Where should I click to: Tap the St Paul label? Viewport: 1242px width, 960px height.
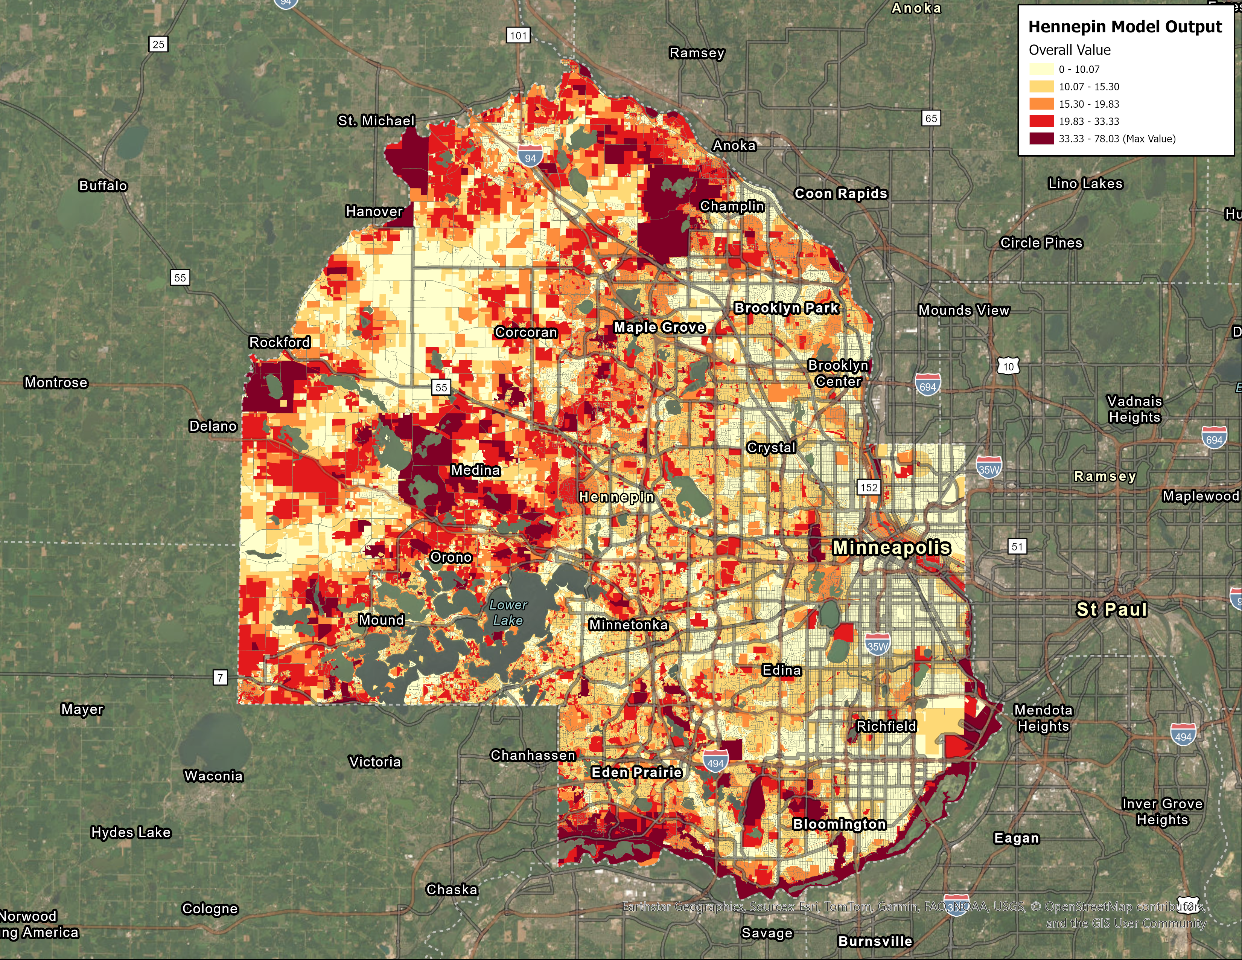(1111, 609)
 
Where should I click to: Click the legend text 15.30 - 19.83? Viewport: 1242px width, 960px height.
(1088, 104)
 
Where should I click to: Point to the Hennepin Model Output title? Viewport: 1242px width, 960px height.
(1124, 27)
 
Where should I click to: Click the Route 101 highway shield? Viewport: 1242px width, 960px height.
(518, 35)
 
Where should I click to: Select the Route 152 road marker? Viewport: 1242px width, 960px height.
(868, 488)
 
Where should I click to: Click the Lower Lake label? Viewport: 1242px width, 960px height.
(508, 613)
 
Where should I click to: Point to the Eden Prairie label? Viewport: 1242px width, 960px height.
(636, 772)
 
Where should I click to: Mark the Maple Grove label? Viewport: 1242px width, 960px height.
(660, 327)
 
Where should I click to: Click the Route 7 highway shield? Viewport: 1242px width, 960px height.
(220, 677)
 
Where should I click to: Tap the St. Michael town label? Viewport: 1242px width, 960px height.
(376, 120)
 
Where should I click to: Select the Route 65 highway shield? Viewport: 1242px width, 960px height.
(931, 118)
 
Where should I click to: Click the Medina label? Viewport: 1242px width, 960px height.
(475, 470)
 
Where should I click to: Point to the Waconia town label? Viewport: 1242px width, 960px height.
(213, 776)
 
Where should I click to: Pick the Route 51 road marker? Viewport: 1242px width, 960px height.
(1017, 547)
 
